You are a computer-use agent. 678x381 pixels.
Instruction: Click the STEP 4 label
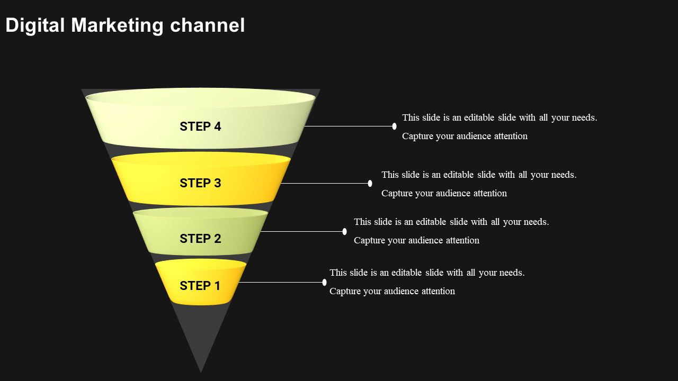tap(200, 126)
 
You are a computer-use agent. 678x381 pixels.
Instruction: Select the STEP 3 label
tap(200, 183)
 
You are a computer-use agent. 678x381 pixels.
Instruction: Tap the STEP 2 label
tap(200, 239)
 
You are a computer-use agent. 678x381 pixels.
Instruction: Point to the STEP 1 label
tap(200, 286)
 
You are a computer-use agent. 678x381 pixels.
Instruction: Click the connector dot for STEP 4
tap(395, 126)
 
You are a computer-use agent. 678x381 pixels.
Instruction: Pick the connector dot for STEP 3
tap(370, 183)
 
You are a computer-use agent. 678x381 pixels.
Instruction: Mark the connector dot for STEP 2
tap(345, 231)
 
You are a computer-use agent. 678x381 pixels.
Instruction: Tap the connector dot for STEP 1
tap(324, 282)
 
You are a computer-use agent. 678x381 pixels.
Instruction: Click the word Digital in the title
tap(35, 25)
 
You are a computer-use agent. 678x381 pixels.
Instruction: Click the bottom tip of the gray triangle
tap(201, 370)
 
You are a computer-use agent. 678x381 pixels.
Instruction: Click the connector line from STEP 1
tap(281, 282)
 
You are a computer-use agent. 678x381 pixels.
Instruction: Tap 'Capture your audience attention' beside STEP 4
tap(465, 136)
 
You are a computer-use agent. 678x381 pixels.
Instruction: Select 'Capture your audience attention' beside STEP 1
tap(392, 291)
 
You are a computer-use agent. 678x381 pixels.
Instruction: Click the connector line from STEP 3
tap(324, 183)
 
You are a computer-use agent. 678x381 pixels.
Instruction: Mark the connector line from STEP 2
tap(302, 231)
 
